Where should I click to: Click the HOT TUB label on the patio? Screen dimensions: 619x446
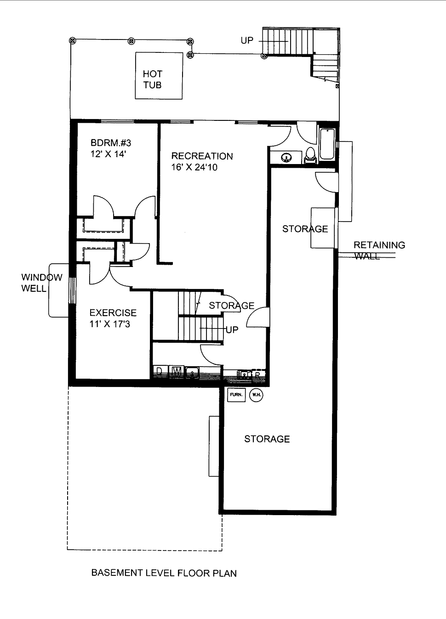152,79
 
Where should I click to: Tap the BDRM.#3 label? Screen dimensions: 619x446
111,143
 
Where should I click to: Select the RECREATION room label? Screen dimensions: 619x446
202,156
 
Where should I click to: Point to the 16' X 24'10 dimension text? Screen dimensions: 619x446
194,167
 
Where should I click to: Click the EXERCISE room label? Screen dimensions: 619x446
113,313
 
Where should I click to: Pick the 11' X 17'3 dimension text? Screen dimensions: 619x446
109,324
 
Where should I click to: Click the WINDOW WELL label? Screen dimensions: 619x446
41,283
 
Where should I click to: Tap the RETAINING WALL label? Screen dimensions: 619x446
379,250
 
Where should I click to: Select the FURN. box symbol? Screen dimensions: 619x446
236,395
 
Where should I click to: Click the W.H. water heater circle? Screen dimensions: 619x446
256,395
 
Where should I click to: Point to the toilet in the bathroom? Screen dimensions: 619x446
310,155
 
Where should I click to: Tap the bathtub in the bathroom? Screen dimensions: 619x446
327,144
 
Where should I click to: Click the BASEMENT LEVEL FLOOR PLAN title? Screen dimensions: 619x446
164,573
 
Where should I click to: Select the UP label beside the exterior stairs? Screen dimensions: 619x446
247,40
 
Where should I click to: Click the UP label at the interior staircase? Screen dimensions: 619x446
232,330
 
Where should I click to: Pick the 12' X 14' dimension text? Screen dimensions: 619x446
108,154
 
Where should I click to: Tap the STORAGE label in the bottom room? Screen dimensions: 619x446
267,439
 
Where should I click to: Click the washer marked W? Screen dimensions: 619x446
176,371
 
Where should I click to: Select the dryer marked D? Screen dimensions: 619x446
160,371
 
